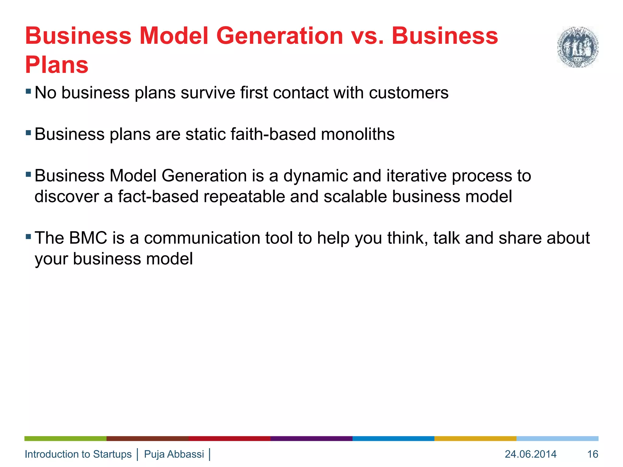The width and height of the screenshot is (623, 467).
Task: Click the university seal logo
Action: pyautogui.click(x=577, y=47)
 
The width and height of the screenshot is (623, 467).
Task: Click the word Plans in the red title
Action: pyautogui.click(x=57, y=65)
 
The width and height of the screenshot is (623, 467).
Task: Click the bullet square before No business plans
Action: pyautogui.click(x=28, y=91)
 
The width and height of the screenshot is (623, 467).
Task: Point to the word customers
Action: pyautogui.click(x=409, y=93)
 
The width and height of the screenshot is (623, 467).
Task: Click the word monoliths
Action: pyautogui.click(x=358, y=134)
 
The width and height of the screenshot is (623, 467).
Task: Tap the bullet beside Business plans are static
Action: pyautogui.click(x=28, y=133)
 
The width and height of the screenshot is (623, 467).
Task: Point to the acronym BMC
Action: pyautogui.click(x=88, y=238)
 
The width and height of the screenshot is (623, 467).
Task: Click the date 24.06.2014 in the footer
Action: pyautogui.click(x=531, y=454)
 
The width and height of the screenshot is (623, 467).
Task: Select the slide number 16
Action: pyautogui.click(x=593, y=454)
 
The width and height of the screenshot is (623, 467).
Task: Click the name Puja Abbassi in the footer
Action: pyautogui.click(x=174, y=454)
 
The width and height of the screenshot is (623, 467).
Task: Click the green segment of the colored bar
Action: pyautogui.click(x=65, y=438)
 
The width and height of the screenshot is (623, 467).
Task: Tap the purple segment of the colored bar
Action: pyautogui.click(x=311, y=438)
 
